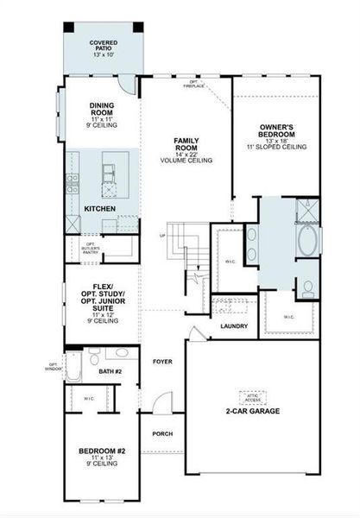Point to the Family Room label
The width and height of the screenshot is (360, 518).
coord(186,145)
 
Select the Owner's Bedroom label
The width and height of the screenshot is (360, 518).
coord(278,133)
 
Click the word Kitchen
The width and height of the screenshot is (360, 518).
coord(100,209)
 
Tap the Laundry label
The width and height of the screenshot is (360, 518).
coord(234,326)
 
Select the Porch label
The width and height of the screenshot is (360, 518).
coord(162,434)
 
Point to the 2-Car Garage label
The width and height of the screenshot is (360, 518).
coord(251,411)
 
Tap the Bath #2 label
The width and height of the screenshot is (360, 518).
coord(110,371)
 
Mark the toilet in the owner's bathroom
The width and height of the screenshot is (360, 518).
coord(307,287)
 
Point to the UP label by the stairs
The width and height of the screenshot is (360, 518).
coord(161,235)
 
